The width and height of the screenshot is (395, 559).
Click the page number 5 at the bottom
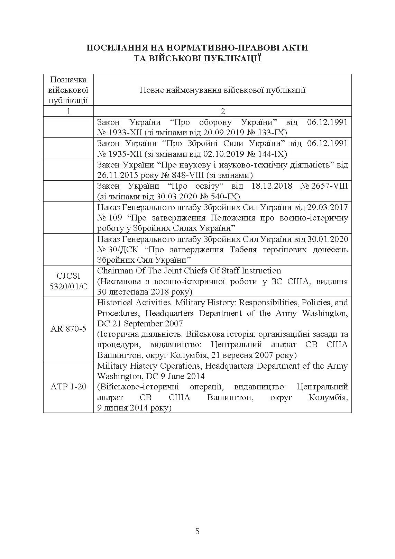(197, 531)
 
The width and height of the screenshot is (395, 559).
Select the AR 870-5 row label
(68, 328)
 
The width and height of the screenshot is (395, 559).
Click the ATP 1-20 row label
(68, 386)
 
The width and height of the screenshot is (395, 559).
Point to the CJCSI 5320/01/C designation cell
(68, 281)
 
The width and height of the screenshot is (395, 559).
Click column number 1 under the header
(68, 111)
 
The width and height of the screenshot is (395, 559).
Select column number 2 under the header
(222, 111)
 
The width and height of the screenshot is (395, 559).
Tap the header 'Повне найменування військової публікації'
(222, 90)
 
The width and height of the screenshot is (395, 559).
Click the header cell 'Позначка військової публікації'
(68, 90)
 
